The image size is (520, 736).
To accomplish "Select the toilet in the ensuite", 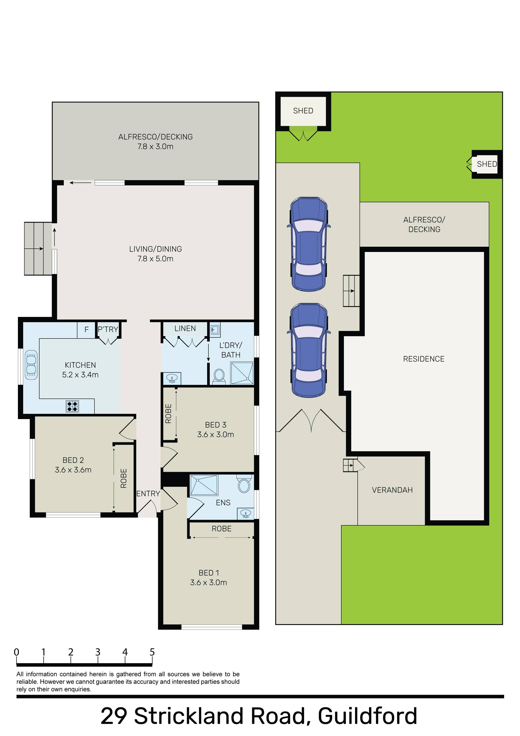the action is [x=244, y=484].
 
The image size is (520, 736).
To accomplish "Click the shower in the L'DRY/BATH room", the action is [x=242, y=373].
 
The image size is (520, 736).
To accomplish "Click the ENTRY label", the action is [x=148, y=494].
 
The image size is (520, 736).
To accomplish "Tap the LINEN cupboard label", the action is [x=185, y=329].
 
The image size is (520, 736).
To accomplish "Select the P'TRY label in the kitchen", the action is [x=108, y=329].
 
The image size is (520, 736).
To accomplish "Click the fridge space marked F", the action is [x=86, y=330].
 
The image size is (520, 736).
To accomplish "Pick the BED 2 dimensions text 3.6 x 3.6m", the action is [x=73, y=470].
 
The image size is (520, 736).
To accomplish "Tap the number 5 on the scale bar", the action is [x=152, y=652].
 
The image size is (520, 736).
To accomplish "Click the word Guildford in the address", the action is [x=368, y=716].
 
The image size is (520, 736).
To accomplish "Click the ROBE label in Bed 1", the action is [x=222, y=529].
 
